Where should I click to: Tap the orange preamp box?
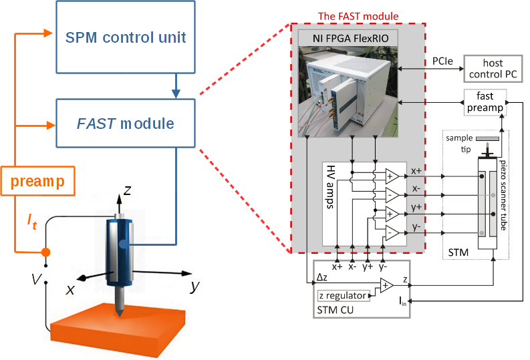click(x=37, y=180)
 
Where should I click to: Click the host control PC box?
click(x=493, y=68)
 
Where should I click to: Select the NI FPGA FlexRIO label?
click(x=349, y=39)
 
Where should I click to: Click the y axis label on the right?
click(x=195, y=286)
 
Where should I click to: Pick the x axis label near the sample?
click(x=70, y=289)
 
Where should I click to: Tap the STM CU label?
click(x=336, y=310)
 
